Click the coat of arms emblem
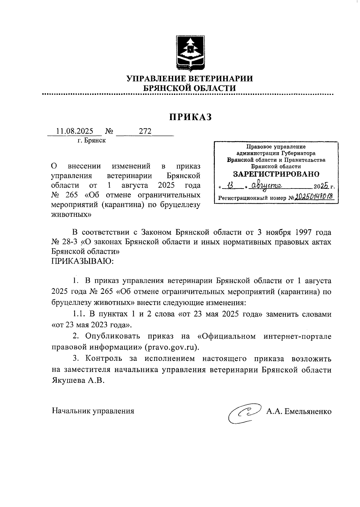[x=190, y=53]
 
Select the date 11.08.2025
[x=75, y=131]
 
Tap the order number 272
[x=145, y=131]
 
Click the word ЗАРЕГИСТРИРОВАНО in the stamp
[x=276, y=174]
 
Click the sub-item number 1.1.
[x=79, y=314]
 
